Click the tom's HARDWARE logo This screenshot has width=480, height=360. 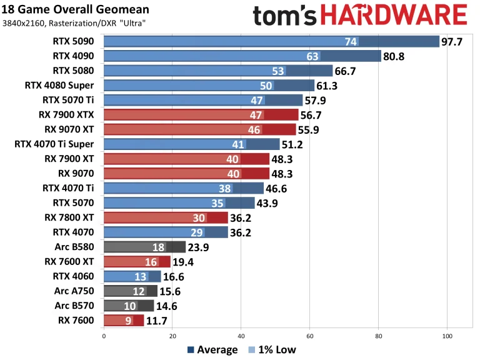click(360, 15)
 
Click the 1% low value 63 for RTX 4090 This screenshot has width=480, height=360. click(312, 56)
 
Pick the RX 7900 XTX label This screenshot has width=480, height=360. click(69, 114)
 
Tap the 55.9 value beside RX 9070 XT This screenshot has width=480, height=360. click(311, 129)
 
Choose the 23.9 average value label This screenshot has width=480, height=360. click(201, 247)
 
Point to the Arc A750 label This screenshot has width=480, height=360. click(76, 291)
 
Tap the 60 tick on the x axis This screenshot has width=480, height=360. click(309, 336)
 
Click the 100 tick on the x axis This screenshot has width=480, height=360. click(447, 336)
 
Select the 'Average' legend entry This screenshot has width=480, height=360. click(212, 349)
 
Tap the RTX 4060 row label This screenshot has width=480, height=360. click(76, 276)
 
